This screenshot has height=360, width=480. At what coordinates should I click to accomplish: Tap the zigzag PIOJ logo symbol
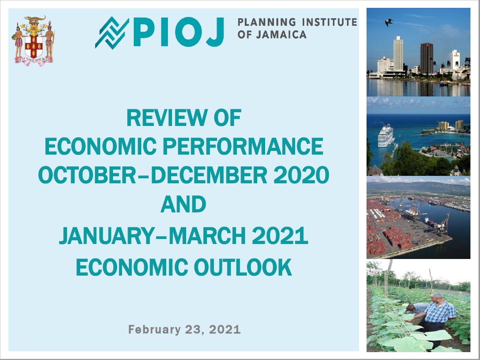(112, 33)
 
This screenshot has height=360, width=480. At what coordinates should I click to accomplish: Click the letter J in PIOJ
(215, 32)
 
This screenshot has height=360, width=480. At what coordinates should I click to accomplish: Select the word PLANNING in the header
(267, 22)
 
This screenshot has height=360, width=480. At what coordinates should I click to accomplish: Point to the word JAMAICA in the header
(281, 35)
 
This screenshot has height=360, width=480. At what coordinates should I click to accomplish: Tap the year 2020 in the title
(301, 175)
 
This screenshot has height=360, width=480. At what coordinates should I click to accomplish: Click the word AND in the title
(183, 204)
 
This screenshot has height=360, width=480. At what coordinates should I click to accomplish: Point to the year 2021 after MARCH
(280, 236)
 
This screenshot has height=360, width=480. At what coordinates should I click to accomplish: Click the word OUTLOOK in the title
(243, 267)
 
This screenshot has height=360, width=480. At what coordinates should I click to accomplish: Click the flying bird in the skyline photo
(389, 22)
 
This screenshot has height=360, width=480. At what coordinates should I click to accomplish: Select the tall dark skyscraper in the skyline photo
(426, 59)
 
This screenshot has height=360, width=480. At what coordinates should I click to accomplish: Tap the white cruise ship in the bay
(385, 136)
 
